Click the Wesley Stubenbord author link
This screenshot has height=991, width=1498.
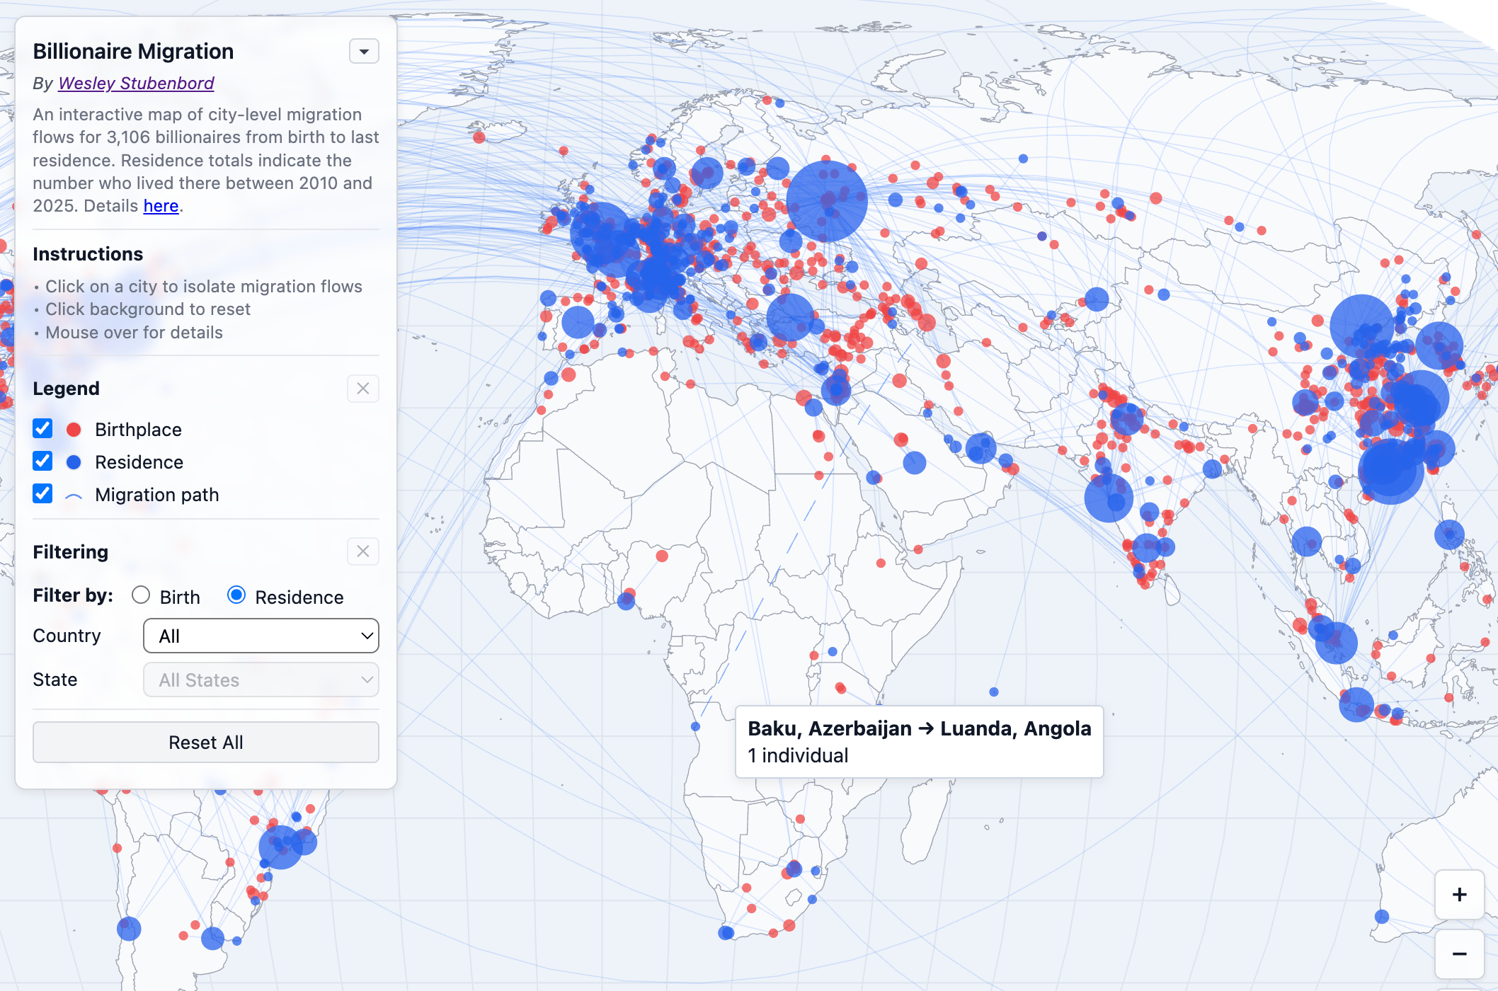136,84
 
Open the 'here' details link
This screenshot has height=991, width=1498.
161,206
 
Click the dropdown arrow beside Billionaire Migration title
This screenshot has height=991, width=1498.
364,52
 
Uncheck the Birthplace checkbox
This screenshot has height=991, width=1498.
42,429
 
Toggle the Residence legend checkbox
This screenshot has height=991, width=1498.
42,462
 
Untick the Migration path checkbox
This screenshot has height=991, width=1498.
42,494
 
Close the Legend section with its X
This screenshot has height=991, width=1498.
363,389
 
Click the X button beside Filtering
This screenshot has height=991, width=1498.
363,551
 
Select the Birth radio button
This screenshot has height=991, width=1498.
141,595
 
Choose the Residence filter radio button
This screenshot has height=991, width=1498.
236,595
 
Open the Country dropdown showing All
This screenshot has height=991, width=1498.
261,636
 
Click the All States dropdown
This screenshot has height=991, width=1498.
261,680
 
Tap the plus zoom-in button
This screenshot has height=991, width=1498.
1459,895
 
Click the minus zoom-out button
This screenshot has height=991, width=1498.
1459,954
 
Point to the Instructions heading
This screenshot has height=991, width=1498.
88,254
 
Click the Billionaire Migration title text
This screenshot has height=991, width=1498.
133,52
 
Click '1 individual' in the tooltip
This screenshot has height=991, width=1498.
798,755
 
